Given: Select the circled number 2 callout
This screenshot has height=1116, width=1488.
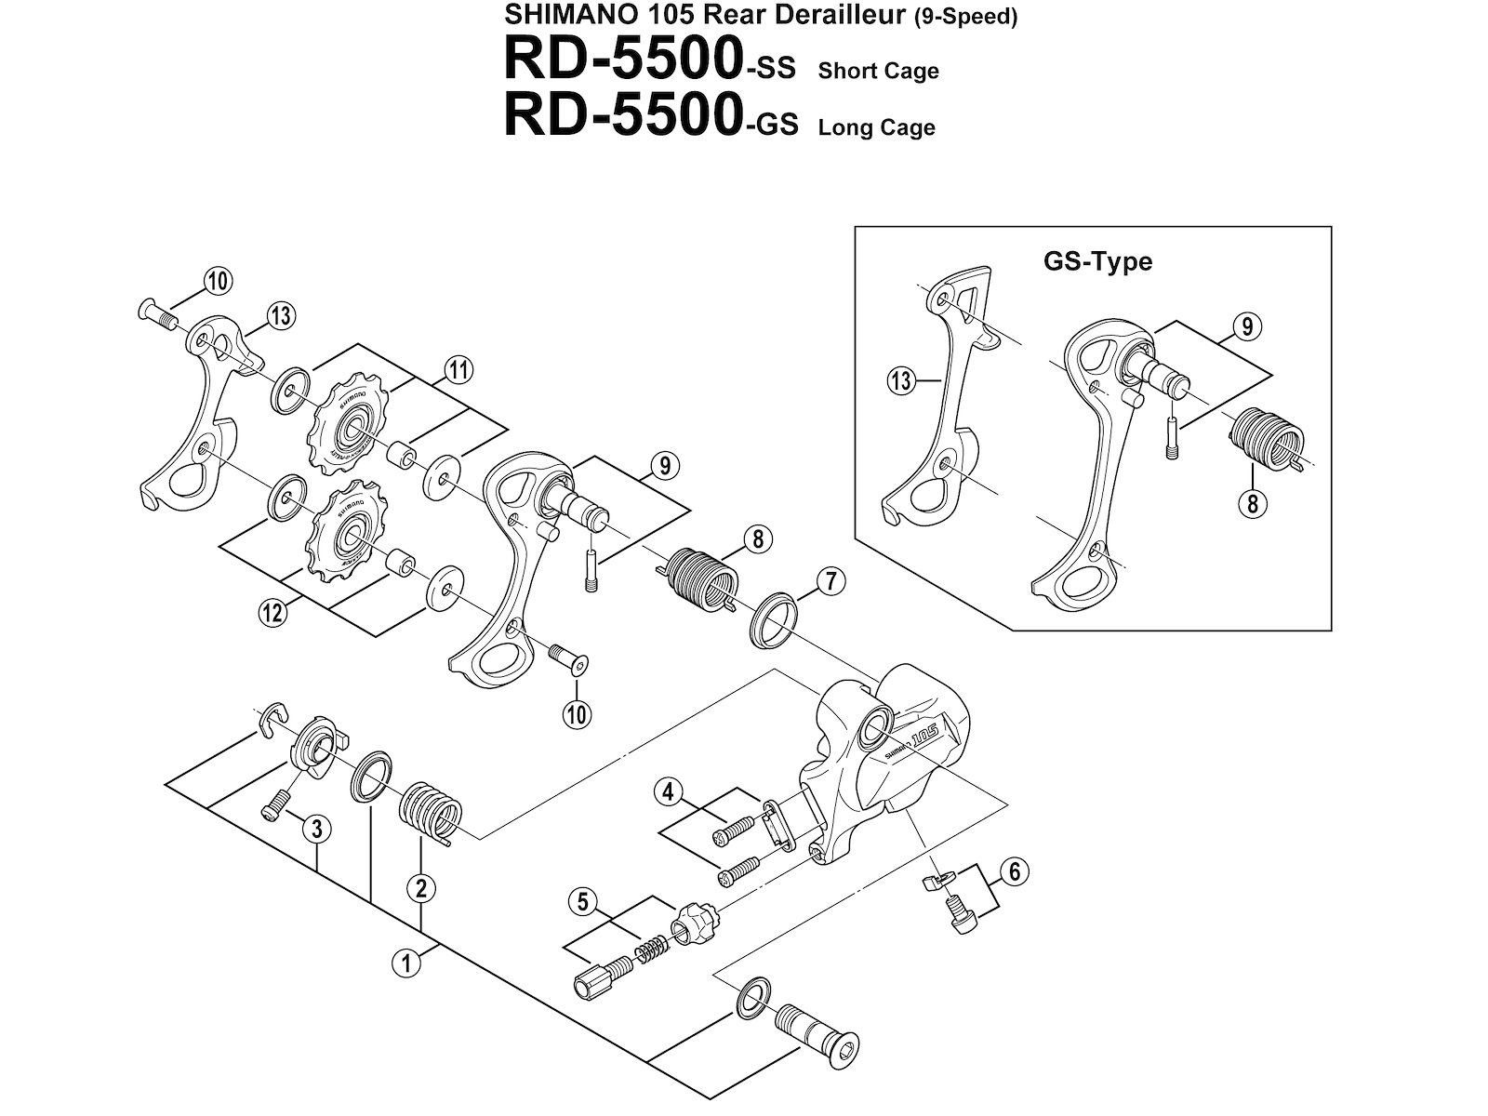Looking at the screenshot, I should (x=420, y=888).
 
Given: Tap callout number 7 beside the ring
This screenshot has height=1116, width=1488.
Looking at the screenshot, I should (x=830, y=582).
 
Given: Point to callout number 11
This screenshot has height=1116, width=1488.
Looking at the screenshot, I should (x=457, y=370).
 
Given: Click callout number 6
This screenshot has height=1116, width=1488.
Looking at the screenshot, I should (x=1015, y=871).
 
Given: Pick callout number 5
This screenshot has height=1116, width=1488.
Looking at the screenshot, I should (x=583, y=900).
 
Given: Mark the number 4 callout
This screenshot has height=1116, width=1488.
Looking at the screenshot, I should (x=667, y=793).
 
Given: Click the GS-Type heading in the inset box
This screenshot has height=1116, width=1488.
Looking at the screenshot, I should (x=1097, y=261).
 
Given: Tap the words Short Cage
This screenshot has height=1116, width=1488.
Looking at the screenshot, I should (x=878, y=72).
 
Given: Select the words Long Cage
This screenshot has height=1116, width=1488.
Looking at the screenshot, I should (x=876, y=127).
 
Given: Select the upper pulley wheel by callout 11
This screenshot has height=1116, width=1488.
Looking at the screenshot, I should (x=345, y=423).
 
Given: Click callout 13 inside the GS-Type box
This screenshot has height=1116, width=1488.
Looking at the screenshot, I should (x=900, y=381).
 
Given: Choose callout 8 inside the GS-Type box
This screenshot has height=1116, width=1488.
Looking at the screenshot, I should (x=1253, y=505).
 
